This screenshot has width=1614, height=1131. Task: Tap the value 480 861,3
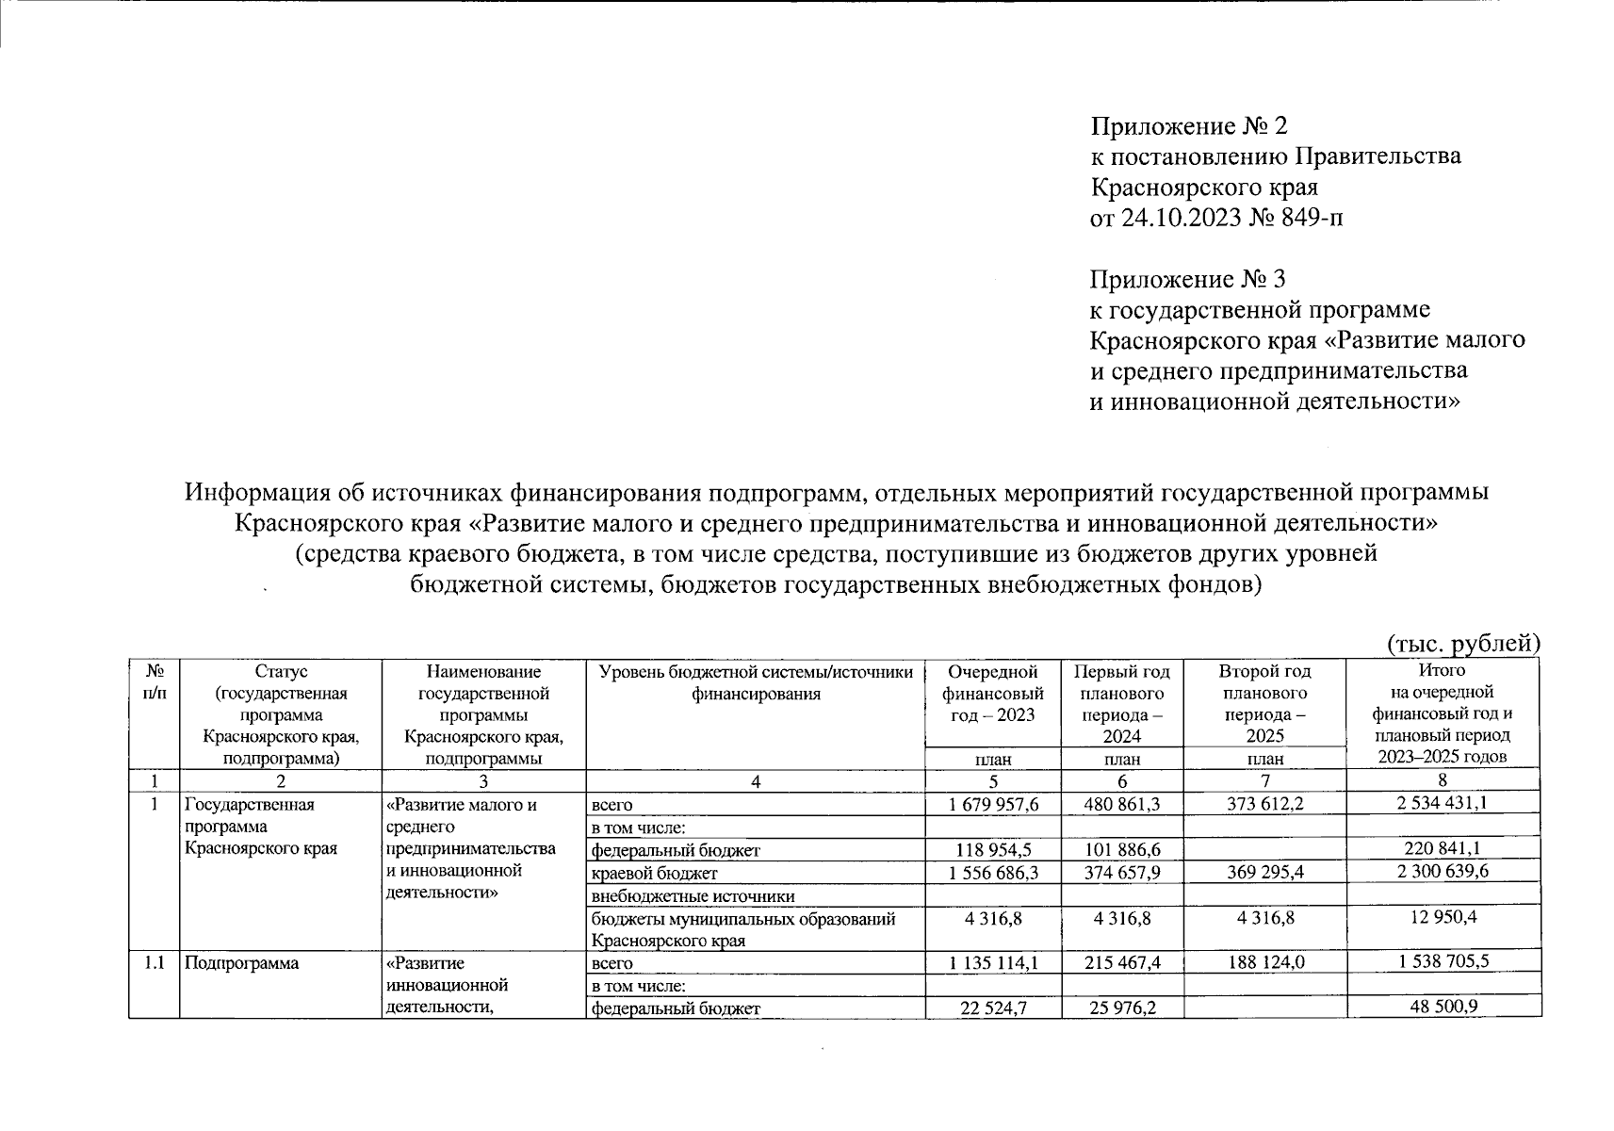click(x=1121, y=804)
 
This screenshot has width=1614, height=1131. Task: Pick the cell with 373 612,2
click(x=1264, y=804)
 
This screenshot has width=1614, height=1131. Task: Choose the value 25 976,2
click(x=1121, y=1008)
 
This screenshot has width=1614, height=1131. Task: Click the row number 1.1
click(x=154, y=962)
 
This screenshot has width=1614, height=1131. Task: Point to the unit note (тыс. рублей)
click(x=1463, y=643)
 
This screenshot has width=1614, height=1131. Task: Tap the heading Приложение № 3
click(x=1187, y=279)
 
